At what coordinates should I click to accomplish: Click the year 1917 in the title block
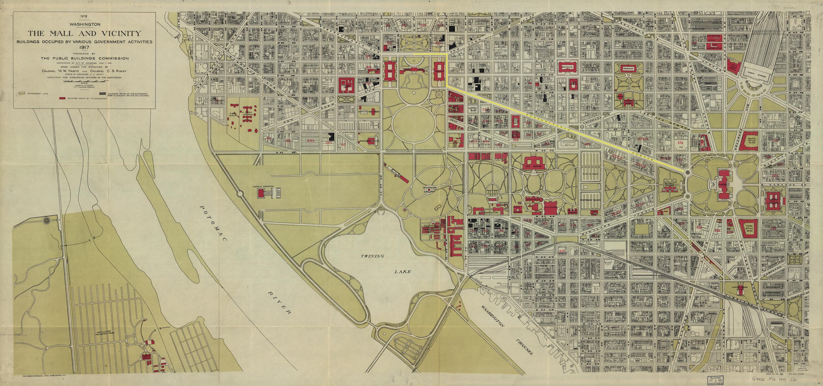coord(85,48)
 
